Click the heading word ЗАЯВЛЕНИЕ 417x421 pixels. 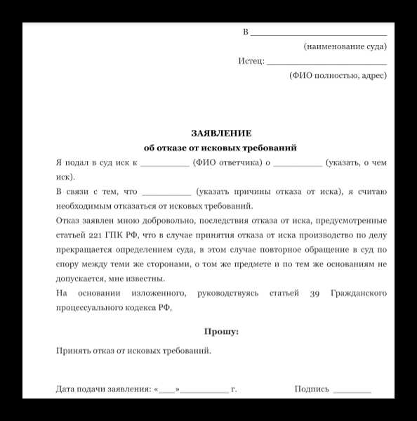pos(220,133)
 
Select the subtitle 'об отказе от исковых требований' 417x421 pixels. pos(220,148)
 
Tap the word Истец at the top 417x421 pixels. pos(250,61)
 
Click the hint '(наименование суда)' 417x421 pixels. pos(345,46)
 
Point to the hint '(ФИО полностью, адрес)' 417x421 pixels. pos(338,75)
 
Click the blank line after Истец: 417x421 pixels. pos(326,63)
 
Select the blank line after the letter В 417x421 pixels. pos(319,34)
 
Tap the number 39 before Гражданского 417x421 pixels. pos(315,293)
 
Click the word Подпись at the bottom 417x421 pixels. pos(312,389)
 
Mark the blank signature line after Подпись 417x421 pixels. pos(352,391)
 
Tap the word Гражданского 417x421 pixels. pos(357,293)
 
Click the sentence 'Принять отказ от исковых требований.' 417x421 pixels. pos(133,349)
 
